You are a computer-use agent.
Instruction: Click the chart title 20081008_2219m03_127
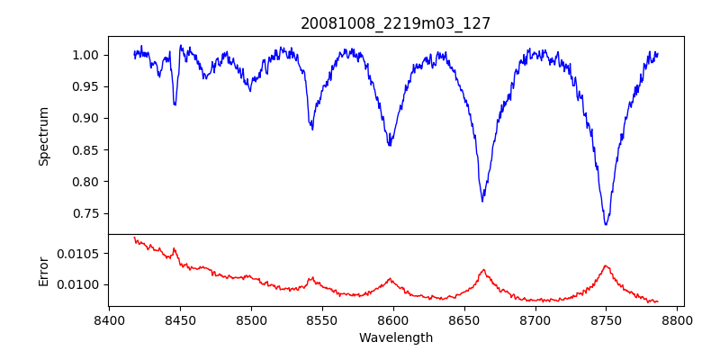(x=395, y=23)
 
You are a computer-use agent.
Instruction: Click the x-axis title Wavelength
(x=395, y=337)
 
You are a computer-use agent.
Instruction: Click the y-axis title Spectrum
(x=43, y=136)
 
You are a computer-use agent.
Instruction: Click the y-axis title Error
(x=43, y=270)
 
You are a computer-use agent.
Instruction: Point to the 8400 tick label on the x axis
(x=109, y=319)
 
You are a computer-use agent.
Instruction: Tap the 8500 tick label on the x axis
(x=251, y=319)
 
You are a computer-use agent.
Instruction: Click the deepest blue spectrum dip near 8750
(x=606, y=224)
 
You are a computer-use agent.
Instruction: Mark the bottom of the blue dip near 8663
(x=482, y=201)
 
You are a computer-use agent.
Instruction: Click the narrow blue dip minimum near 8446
(x=175, y=105)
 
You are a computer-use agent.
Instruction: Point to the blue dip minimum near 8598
(x=390, y=145)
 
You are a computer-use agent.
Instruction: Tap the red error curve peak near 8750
(x=606, y=265)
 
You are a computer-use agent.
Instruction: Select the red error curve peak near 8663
(x=483, y=269)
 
